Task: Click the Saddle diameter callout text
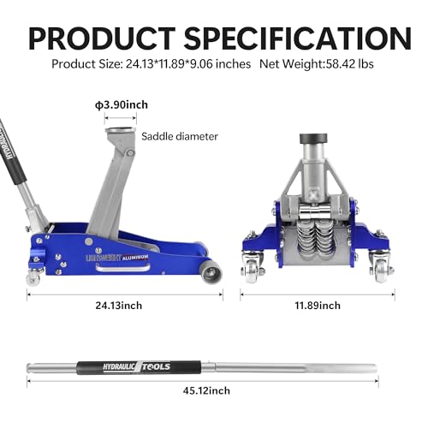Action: (180, 135)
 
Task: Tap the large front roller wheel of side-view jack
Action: (210, 272)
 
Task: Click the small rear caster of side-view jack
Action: (35, 277)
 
